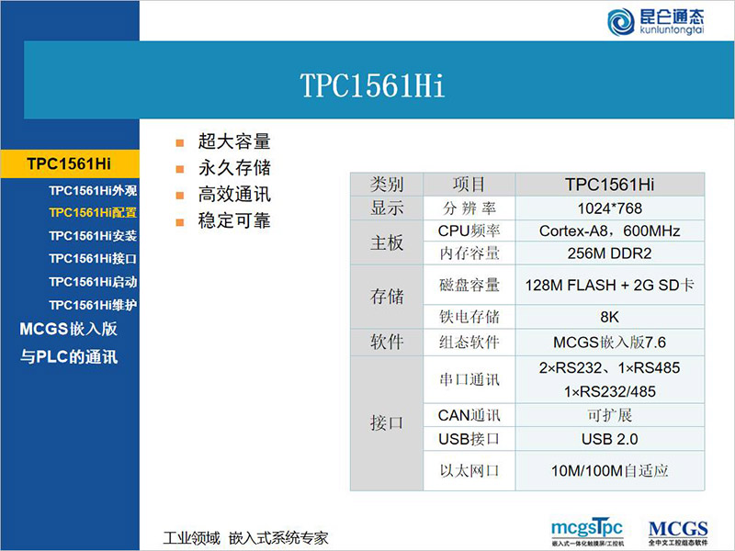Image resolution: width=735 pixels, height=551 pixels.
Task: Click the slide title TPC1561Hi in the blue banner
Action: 372,85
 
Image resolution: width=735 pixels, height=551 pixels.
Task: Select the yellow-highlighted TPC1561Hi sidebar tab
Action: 69,164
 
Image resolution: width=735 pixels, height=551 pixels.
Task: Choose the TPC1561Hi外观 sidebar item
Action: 93,191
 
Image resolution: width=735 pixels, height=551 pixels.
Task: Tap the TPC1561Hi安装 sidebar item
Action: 93,235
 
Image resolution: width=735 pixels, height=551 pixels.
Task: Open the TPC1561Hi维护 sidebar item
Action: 93,304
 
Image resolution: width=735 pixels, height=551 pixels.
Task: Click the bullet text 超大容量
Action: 234,141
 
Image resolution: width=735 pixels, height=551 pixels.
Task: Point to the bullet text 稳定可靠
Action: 234,221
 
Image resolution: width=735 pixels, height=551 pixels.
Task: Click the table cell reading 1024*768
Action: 609,208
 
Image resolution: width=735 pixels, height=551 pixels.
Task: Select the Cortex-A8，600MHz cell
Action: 609,231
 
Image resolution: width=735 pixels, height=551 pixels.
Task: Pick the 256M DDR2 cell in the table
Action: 609,253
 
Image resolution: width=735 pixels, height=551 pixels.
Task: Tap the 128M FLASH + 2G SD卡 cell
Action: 609,286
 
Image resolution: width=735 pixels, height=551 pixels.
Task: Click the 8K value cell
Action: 609,317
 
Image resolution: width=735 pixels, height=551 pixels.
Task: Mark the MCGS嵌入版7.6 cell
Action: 609,342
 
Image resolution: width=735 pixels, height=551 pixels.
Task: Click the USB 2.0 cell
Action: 609,439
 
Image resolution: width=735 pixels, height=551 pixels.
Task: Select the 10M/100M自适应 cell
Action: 609,470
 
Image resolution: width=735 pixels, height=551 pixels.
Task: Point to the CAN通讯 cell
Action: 469,416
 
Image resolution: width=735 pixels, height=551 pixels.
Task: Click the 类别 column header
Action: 387,185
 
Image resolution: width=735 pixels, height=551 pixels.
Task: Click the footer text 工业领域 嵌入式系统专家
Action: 245,537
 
